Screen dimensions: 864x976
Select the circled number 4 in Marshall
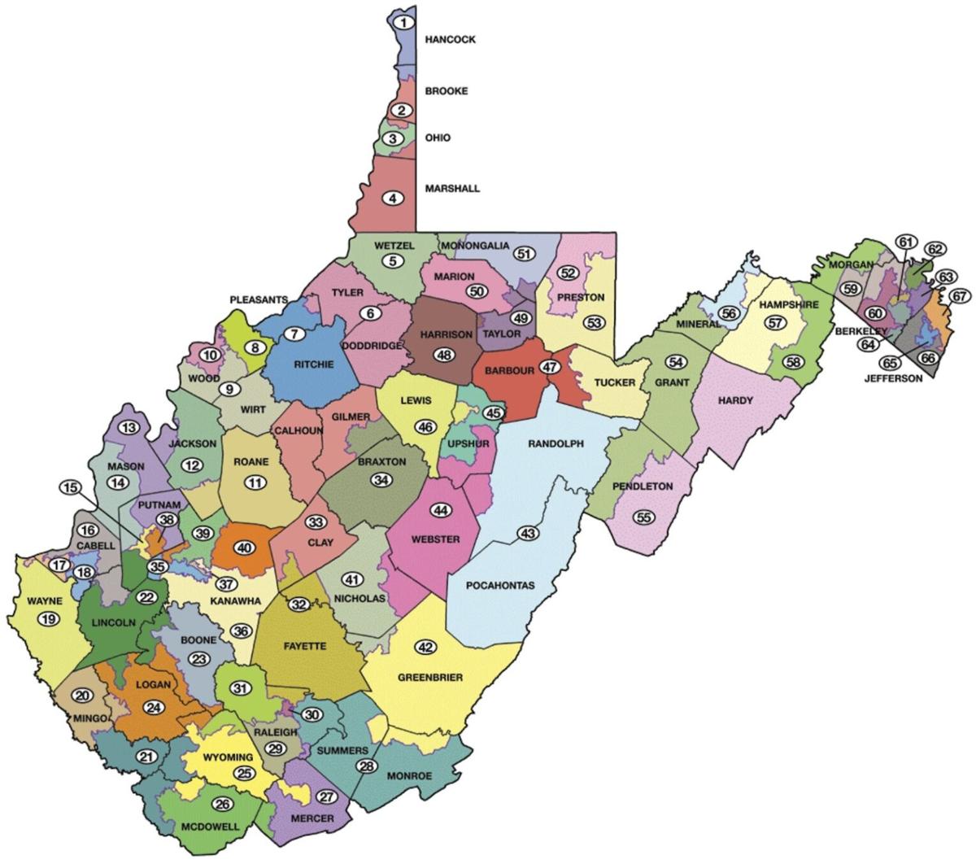pyautogui.click(x=394, y=198)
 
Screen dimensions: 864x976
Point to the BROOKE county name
pyautogui.click(x=447, y=91)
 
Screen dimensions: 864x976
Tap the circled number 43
pyautogui.click(x=528, y=534)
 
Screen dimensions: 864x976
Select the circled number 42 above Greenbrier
pyautogui.click(x=426, y=647)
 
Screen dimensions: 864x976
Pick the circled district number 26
pyautogui.click(x=222, y=805)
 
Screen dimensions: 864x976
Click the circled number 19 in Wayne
pyautogui.click(x=48, y=620)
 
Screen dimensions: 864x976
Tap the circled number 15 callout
pyautogui.click(x=71, y=487)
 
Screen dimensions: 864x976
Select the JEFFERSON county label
pyautogui.click(x=893, y=378)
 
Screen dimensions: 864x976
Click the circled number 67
pyautogui.click(x=960, y=296)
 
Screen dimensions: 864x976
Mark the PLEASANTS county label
pyautogui.click(x=259, y=299)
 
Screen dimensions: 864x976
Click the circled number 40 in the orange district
pyautogui.click(x=243, y=548)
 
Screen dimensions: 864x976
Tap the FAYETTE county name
pyautogui.click(x=305, y=646)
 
